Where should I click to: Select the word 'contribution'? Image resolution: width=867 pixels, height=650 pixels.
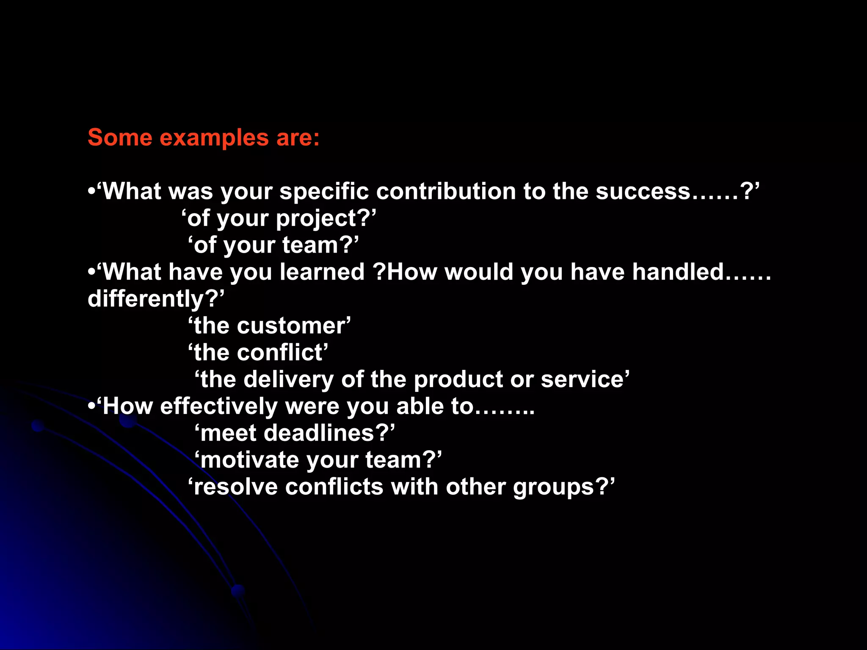(x=445, y=191)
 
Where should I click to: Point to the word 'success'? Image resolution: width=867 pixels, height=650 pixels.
(x=643, y=191)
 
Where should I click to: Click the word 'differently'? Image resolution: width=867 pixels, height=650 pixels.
(x=146, y=299)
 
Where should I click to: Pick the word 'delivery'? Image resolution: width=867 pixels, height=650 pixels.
(x=289, y=380)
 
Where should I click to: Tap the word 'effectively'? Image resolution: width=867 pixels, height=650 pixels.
(x=219, y=407)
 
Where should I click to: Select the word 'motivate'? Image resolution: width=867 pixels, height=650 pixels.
(x=250, y=460)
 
